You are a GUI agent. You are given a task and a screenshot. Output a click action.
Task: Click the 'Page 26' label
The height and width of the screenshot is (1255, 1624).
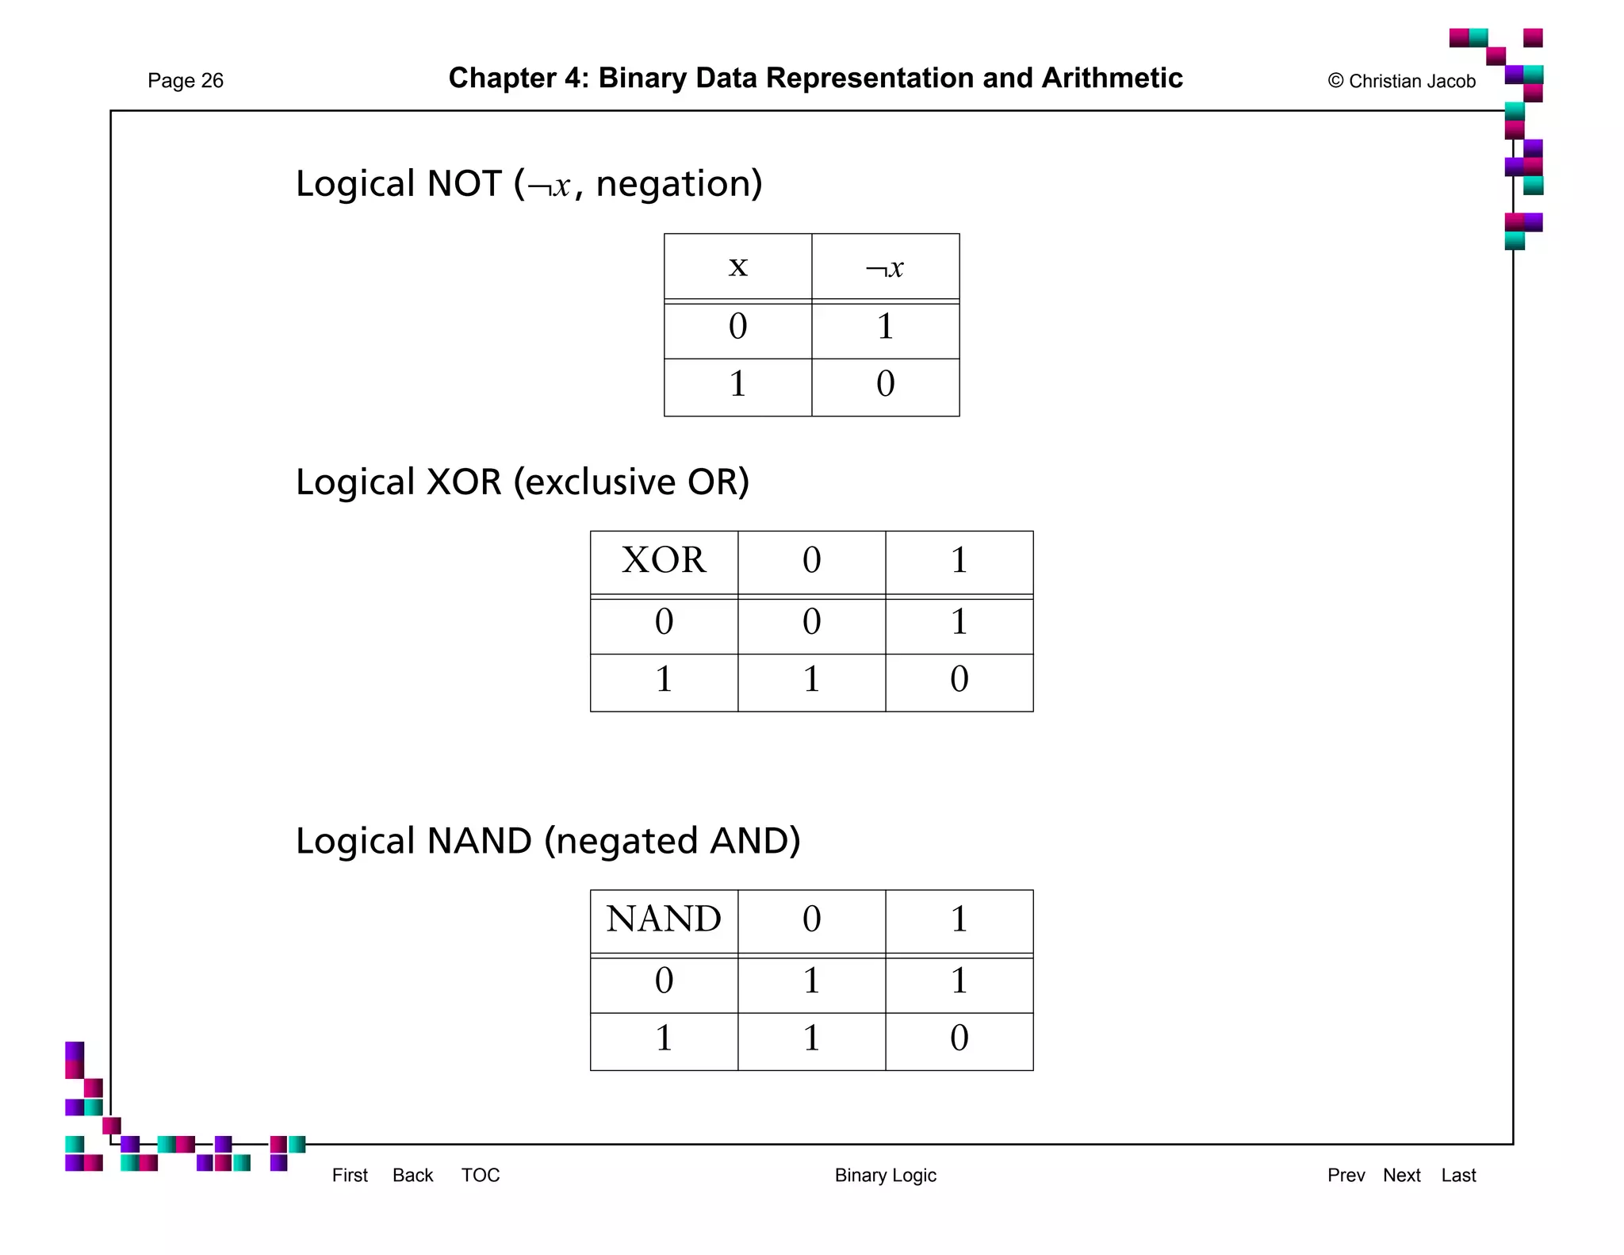[186, 81]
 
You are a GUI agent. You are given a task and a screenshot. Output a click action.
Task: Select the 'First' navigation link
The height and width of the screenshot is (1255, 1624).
[350, 1175]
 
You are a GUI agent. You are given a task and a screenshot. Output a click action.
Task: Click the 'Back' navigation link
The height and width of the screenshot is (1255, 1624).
[412, 1175]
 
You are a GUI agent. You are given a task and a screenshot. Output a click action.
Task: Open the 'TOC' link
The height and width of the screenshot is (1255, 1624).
[481, 1175]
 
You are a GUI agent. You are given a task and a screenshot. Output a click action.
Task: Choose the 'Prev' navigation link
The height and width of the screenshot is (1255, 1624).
[1346, 1175]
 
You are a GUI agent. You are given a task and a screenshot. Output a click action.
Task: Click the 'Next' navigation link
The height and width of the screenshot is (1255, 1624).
[1401, 1175]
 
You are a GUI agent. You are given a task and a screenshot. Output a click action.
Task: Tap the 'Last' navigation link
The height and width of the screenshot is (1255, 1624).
[1458, 1175]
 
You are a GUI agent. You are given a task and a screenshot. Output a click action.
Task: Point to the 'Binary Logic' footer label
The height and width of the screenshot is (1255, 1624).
[885, 1175]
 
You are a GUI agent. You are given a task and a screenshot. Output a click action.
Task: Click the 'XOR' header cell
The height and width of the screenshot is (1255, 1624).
[664, 560]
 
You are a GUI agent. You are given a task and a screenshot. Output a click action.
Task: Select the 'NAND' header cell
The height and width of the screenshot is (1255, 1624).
[664, 919]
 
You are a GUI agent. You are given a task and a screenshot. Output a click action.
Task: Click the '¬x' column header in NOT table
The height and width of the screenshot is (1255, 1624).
[885, 268]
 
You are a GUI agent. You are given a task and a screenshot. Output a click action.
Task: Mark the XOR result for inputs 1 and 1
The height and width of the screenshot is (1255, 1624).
[959, 680]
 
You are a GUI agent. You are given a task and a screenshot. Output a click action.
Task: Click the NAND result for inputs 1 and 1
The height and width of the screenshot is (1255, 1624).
[959, 1038]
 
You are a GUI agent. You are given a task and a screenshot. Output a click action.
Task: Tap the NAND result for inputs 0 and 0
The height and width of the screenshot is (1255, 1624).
[811, 981]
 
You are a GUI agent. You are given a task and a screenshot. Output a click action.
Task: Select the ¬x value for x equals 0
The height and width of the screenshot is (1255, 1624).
[885, 327]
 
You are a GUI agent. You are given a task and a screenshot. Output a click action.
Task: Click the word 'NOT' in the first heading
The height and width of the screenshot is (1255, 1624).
[464, 184]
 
